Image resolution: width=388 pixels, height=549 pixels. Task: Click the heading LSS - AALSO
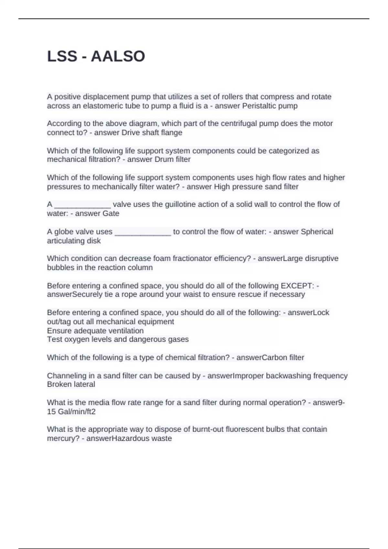click(96, 56)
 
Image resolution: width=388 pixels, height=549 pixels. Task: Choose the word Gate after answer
click(111, 213)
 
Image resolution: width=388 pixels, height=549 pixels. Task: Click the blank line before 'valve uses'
click(82, 205)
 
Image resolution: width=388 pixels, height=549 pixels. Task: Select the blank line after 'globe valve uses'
click(143, 233)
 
